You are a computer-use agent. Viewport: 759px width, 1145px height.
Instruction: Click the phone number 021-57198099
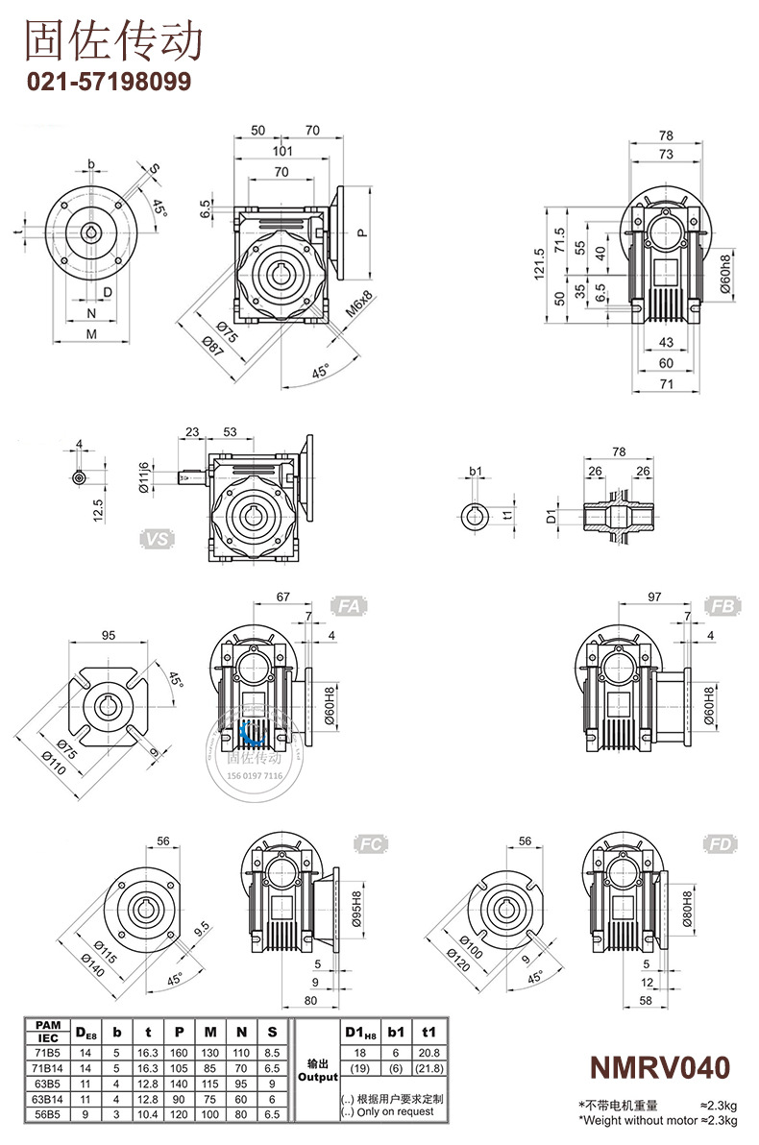point(108,82)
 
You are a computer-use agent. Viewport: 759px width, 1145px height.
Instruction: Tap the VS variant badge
point(158,539)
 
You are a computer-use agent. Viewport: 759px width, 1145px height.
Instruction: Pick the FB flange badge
point(723,605)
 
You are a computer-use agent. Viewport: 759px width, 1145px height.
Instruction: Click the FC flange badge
point(373,844)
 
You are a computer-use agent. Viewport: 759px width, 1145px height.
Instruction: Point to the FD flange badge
point(722,844)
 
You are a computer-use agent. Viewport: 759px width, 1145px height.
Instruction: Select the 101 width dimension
point(282,151)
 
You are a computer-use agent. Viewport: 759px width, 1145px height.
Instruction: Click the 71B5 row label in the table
point(48,1052)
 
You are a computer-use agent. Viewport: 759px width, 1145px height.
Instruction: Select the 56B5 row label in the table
point(48,1113)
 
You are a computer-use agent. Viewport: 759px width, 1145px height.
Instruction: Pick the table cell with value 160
point(179,1052)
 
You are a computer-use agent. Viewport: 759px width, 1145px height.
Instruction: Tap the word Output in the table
point(317,1078)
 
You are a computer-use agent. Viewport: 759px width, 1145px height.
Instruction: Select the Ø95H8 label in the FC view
point(356,908)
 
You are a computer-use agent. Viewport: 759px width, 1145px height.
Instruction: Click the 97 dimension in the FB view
point(654,597)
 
